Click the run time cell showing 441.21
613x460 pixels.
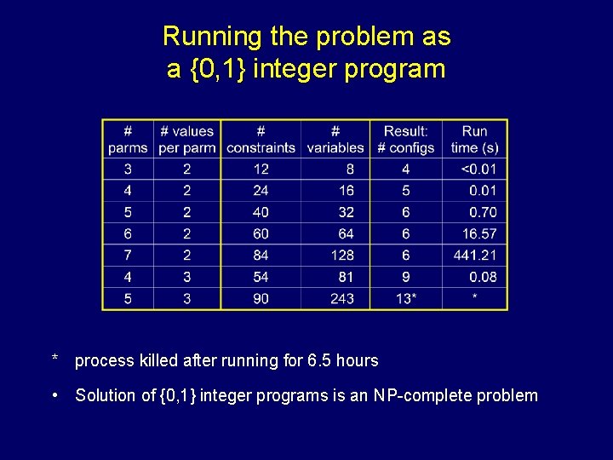coord(475,256)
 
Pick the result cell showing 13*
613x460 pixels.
coord(406,298)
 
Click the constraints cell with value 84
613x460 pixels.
coord(261,256)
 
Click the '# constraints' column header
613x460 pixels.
coord(261,139)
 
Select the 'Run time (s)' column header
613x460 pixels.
coord(475,139)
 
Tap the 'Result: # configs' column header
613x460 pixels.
coord(406,139)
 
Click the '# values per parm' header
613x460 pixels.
coord(187,139)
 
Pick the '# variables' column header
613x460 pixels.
coord(335,139)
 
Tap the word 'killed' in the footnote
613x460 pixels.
coord(162,360)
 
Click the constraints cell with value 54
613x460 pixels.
coord(261,277)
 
